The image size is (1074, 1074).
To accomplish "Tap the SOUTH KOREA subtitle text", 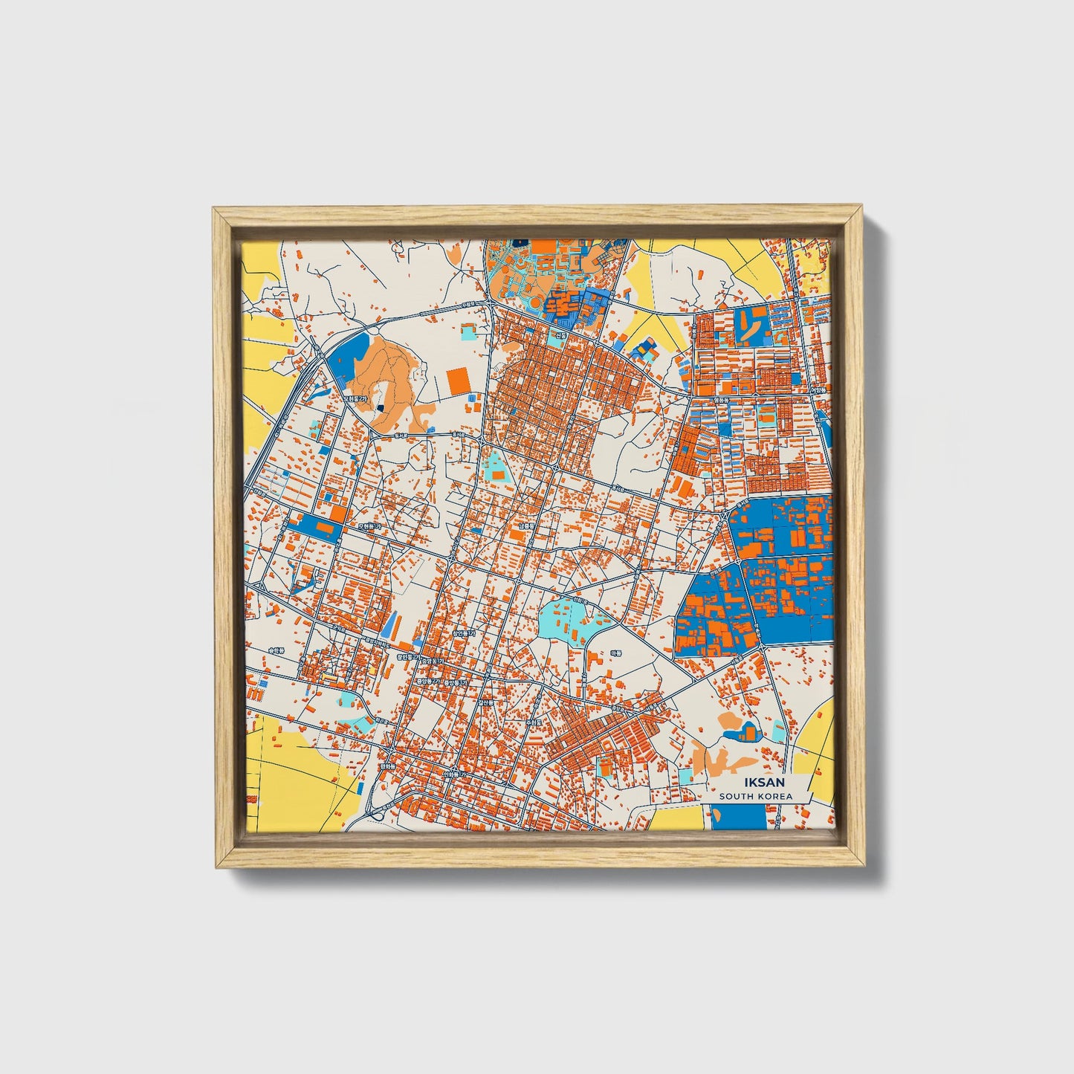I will click(x=755, y=796).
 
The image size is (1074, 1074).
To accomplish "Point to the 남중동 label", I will click(x=526, y=525).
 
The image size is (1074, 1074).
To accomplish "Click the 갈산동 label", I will click(x=485, y=702).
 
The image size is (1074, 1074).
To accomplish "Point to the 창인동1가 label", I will click(x=462, y=633).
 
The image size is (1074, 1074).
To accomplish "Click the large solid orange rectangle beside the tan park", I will click(x=459, y=382).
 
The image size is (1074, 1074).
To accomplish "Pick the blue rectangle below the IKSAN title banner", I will click(x=737, y=817).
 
